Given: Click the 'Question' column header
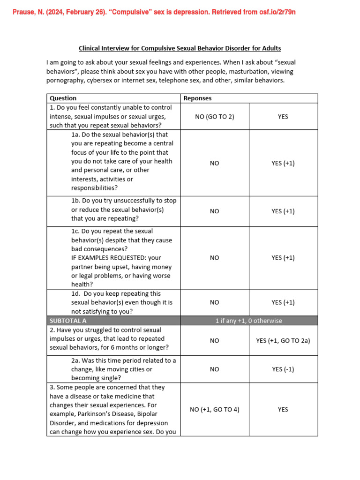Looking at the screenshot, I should [x=63, y=98].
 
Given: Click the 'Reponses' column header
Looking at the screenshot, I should [x=197, y=98].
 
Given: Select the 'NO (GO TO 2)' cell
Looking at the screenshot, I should [x=214, y=117].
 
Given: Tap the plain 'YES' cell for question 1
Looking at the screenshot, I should [x=283, y=117].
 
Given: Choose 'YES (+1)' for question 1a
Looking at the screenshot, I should [x=283, y=163].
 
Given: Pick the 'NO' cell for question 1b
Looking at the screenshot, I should [x=214, y=211].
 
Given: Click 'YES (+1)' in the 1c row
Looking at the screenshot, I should [x=283, y=258].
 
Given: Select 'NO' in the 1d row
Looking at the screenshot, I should [x=214, y=302].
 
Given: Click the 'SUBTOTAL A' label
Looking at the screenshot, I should [x=68, y=321].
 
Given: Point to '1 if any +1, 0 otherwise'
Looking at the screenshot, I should [x=248, y=321].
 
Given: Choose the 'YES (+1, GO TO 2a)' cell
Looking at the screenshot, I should [x=283, y=341].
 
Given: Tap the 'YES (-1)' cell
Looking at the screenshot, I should [x=283, y=369].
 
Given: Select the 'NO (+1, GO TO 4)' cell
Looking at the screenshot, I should [x=214, y=409].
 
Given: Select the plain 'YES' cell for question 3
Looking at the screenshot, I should [x=283, y=409].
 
